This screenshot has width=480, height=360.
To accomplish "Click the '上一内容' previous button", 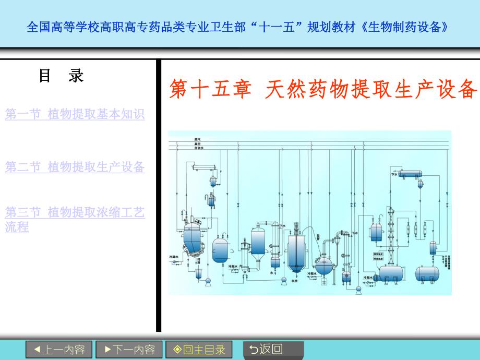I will coord(59,350).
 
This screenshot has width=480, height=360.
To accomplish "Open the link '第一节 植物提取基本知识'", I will coord(75,114).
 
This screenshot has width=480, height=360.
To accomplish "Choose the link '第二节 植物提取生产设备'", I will coord(75,167).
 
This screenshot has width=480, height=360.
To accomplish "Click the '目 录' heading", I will coord(61,76).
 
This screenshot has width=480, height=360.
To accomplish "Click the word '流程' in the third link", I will coord(17,227).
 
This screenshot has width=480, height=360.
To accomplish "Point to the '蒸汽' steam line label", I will coord(198,139).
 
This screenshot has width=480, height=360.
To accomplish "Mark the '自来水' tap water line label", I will coord(199,148).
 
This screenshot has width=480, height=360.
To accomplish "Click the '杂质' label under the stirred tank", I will coord(295,281).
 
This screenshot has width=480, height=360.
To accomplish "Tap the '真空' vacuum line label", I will coord(198,143).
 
